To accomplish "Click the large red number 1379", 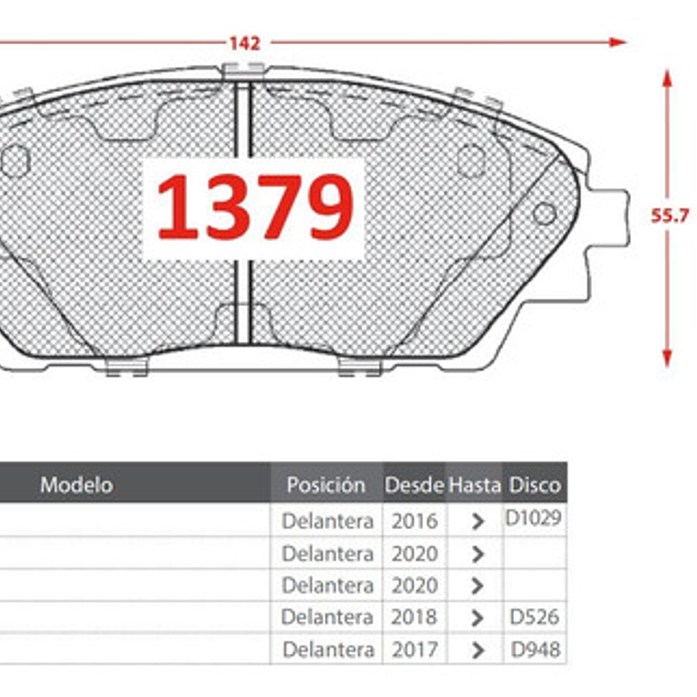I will pos(254,208).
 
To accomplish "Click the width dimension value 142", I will pos(244,43).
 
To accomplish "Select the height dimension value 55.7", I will pos(669,216).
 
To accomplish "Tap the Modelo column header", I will pos(76,483).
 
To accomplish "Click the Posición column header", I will pos(326,484).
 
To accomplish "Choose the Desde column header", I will pos(415,484).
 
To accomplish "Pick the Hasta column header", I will pos(474,484).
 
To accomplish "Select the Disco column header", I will pos(535,484).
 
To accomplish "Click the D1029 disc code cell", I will pos(534,518).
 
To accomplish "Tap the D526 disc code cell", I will pos(535,617).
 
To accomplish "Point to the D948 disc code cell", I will pos(535,650).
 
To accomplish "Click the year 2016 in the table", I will pos(415,521).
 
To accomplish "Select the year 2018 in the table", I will pos(415,617).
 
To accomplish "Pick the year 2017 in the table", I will pos(415,650).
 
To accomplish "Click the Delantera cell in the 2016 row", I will pos(327,521).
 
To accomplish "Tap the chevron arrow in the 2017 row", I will pos(477,650).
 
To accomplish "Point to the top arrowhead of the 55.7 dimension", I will pos(667,77).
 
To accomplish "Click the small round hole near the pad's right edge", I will pos(544,214).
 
